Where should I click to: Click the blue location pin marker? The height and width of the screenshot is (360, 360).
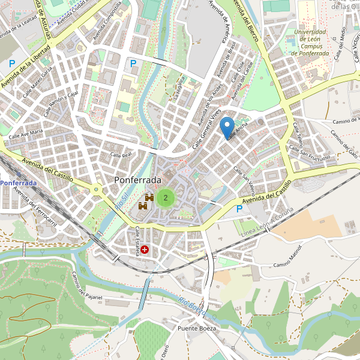tap(227, 128)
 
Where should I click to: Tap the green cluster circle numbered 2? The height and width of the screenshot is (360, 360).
tap(166, 197)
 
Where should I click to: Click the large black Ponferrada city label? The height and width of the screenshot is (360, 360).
tap(137, 180)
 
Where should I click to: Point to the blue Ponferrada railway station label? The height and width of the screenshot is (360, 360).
tap(19, 182)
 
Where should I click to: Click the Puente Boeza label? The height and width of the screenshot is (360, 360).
tap(196, 329)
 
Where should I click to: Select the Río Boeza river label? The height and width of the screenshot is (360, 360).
tap(192, 306)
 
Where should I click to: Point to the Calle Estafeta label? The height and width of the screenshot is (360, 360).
tap(137, 241)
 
